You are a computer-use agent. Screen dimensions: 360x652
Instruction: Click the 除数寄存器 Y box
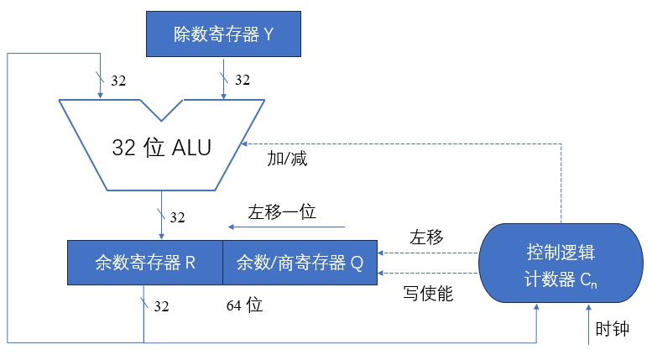pyautogui.click(x=222, y=34)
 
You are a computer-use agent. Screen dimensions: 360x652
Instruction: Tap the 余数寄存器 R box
pyautogui.click(x=145, y=262)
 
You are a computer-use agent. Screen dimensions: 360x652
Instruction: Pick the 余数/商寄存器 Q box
pyautogui.click(x=300, y=262)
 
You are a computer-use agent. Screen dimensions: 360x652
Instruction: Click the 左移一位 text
pyautogui.click(x=281, y=211)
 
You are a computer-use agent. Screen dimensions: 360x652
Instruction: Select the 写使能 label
pyautogui.click(x=429, y=294)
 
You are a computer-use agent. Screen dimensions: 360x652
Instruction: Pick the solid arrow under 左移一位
pyautogui.click(x=285, y=227)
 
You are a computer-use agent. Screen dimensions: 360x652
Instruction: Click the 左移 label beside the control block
pyautogui.click(x=426, y=237)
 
